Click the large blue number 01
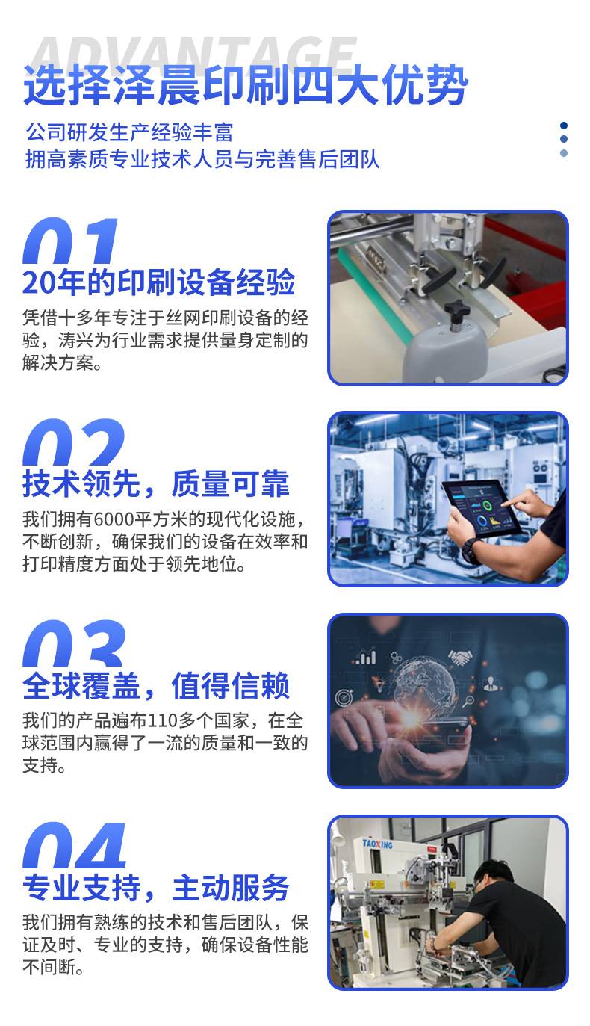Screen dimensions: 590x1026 click(x=70, y=240)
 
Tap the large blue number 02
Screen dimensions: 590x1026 click(x=73, y=442)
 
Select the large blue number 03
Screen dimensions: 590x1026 click(x=74, y=643)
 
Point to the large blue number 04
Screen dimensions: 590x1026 click(x=74, y=845)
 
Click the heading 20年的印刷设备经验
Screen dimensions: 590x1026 click(x=158, y=282)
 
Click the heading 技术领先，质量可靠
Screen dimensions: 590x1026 click(x=155, y=483)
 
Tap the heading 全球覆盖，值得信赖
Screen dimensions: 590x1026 click(x=155, y=686)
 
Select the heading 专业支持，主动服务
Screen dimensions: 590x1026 click(x=155, y=888)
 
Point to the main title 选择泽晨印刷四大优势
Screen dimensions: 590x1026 click(x=246, y=85)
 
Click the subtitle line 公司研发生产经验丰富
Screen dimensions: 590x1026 click(x=129, y=132)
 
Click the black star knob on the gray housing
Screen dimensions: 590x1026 click(x=457, y=309)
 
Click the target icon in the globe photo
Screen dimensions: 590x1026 click(x=344, y=697)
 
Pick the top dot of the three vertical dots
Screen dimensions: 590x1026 click(x=564, y=126)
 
